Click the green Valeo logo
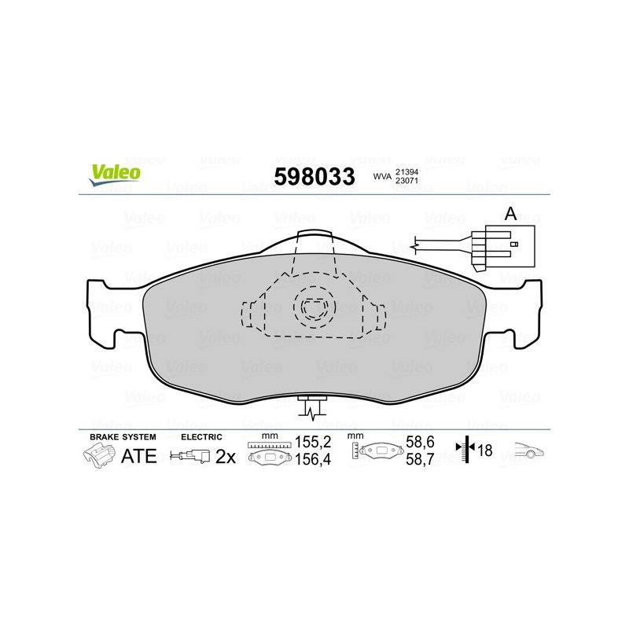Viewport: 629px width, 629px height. pyautogui.click(x=115, y=175)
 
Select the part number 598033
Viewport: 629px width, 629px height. pyautogui.click(x=314, y=177)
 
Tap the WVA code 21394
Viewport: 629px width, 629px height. pyautogui.click(x=406, y=172)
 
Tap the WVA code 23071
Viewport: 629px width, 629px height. pyautogui.click(x=406, y=181)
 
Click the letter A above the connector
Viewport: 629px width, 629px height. pyautogui.click(x=510, y=214)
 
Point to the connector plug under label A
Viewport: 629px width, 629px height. pyautogui.click(x=503, y=248)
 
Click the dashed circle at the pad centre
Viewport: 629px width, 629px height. pyautogui.click(x=314, y=307)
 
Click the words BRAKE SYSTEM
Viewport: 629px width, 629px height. pyautogui.click(x=123, y=437)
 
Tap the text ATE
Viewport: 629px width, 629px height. pyautogui.click(x=139, y=456)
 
